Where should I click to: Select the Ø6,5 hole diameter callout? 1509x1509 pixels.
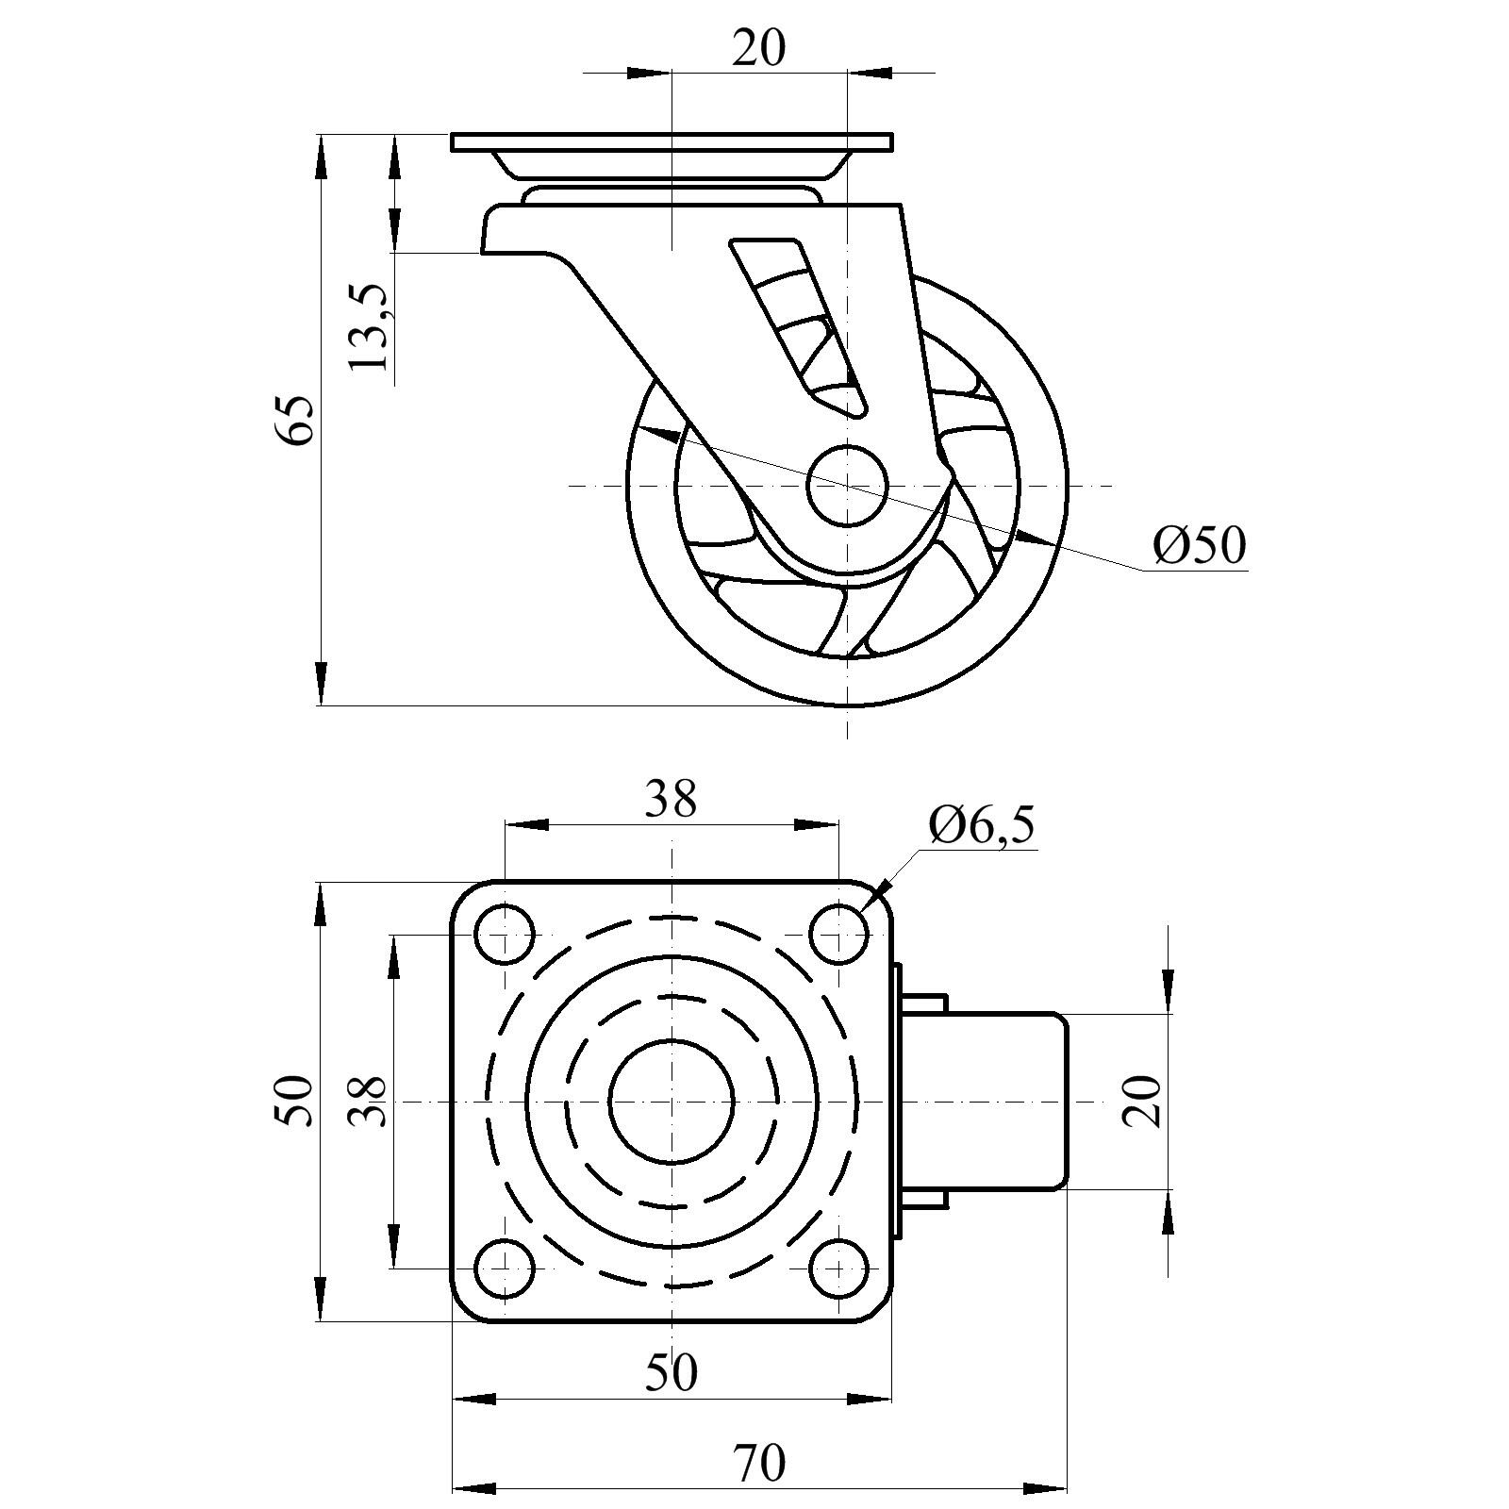point(981,825)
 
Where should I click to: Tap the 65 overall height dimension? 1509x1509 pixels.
point(293,421)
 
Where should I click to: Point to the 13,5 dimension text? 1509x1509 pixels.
point(369,327)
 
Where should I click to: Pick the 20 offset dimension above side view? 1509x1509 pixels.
point(759,47)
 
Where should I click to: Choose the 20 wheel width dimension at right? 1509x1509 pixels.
point(1142,1101)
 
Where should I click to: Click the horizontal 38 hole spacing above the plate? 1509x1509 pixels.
point(671,799)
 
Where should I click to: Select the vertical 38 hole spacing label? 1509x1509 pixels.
point(368,1101)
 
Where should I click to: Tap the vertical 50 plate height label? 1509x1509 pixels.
point(293,1101)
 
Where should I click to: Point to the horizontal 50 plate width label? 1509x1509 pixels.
point(671,1372)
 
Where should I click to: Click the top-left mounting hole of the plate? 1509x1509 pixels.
point(505,934)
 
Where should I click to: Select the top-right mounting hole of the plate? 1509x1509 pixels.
point(838,934)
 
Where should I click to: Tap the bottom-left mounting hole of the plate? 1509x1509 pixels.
point(505,1269)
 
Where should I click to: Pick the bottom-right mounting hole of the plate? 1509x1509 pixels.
point(838,1269)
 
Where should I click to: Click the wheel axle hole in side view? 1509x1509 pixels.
point(847,485)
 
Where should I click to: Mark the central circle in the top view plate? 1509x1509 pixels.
point(671,1101)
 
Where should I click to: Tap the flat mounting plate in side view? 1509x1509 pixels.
point(671,142)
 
